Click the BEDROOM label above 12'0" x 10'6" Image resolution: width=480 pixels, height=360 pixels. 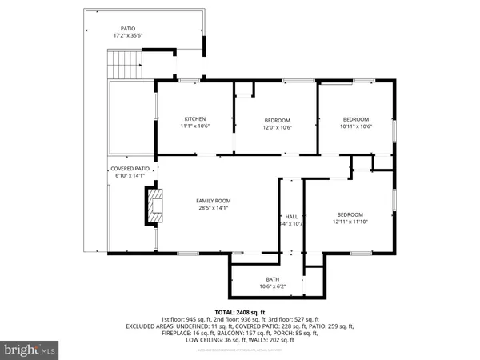pyautogui.click(x=278, y=120)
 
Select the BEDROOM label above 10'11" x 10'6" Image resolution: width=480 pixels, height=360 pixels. pyautogui.click(x=356, y=119)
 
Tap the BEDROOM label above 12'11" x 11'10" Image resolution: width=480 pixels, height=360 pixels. pyautogui.click(x=350, y=214)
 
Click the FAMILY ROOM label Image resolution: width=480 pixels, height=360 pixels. pyautogui.click(x=214, y=201)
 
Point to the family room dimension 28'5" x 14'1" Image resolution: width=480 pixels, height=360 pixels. pyautogui.click(x=214, y=209)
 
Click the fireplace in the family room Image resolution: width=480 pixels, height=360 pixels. pyautogui.click(x=154, y=205)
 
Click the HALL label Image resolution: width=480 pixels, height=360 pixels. pyautogui.click(x=291, y=217)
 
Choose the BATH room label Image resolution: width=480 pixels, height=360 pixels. pyautogui.click(x=273, y=279)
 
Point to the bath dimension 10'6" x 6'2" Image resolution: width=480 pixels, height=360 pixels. pyautogui.click(x=273, y=286)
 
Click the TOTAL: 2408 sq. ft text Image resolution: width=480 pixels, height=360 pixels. pyautogui.click(x=240, y=311)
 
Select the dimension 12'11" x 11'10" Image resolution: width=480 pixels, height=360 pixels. pyautogui.click(x=350, y=222)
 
